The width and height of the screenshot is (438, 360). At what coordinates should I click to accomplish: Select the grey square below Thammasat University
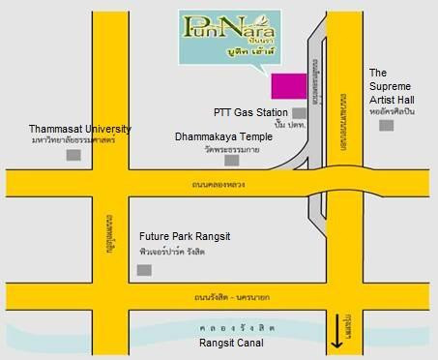(73, 156)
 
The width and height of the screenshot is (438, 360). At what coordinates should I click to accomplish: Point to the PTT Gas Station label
(248, 113)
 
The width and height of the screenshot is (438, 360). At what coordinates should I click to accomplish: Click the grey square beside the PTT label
(298, 113)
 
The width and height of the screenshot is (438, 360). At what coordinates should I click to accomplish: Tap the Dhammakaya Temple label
(223, 137)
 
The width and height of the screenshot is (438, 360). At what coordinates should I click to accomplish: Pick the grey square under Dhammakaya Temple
(231, 161)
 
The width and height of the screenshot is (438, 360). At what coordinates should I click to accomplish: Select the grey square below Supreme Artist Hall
(386, 126)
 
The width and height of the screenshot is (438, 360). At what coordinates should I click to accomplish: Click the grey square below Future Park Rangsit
(144, 269)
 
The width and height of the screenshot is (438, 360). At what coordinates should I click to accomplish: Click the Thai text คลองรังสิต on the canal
(221, 328)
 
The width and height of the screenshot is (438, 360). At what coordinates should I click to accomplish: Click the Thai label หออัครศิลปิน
(392, 112)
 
